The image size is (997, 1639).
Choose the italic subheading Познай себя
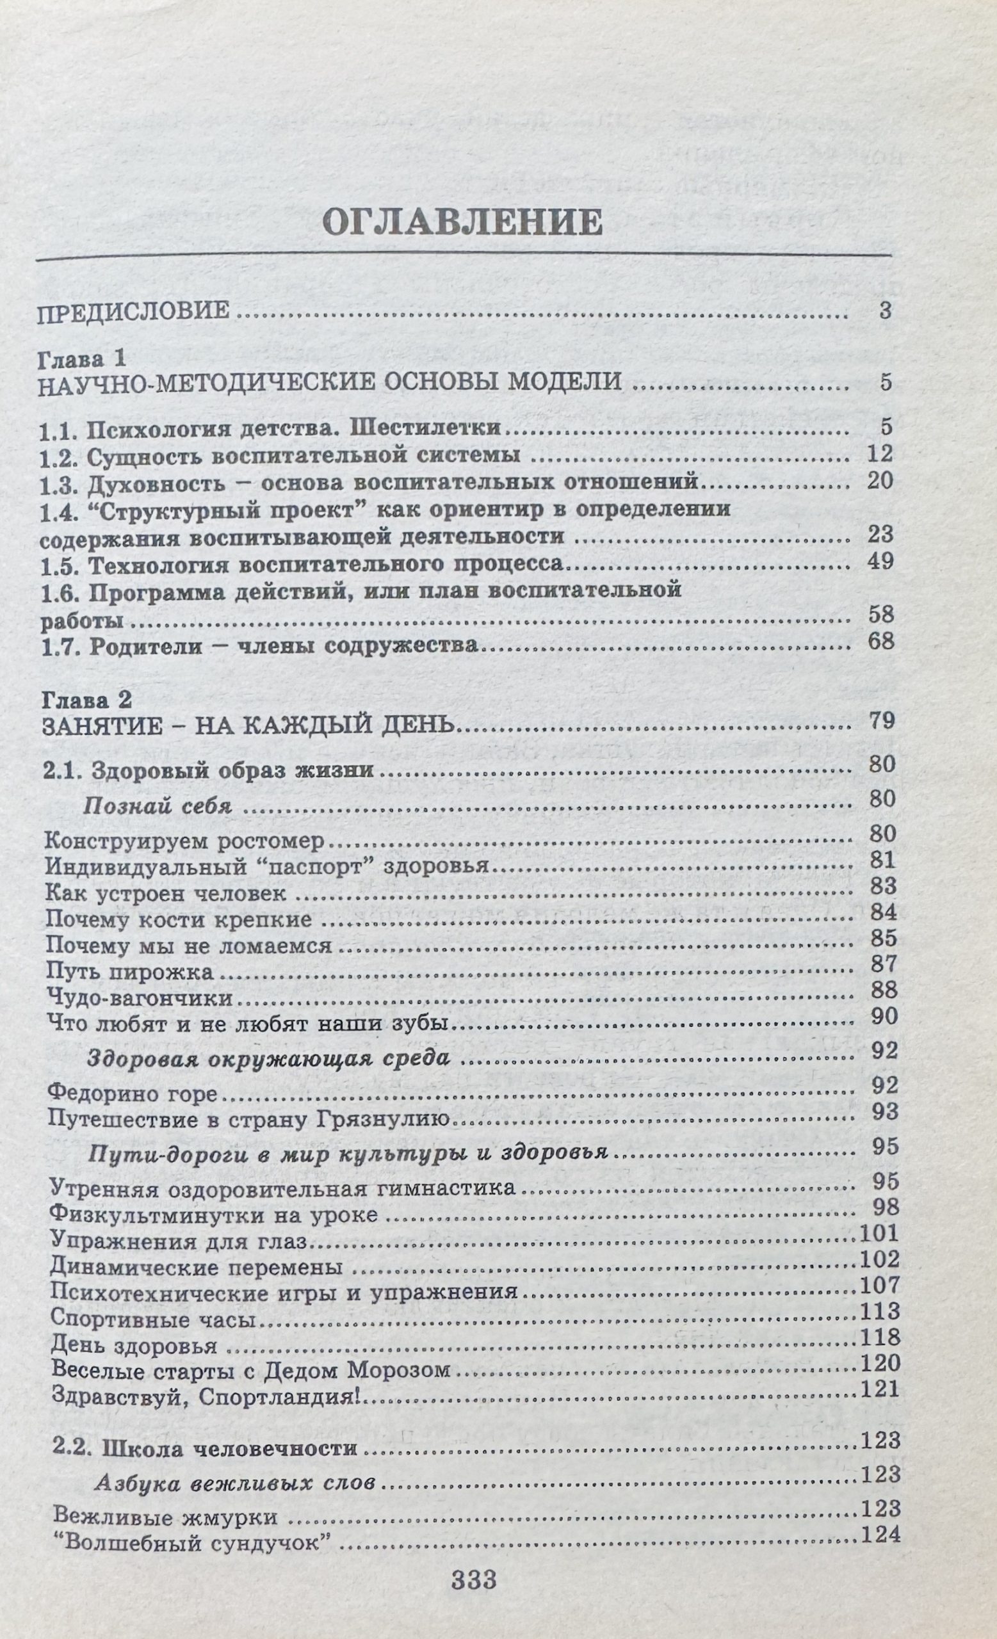click(157, 807)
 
